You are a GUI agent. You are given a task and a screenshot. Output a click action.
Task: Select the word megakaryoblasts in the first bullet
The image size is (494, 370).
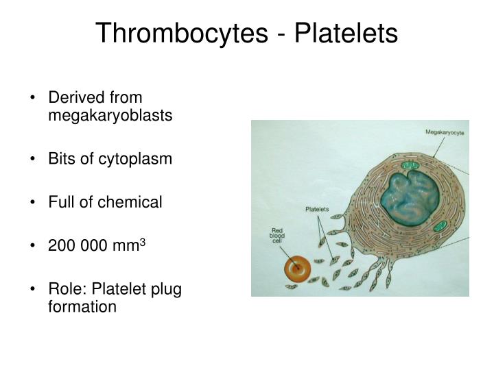[x=109, y=115]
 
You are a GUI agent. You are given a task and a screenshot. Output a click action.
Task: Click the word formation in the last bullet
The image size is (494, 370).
[x=82, y=306]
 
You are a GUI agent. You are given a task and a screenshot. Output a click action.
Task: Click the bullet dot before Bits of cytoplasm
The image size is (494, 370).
[x=34, y=159]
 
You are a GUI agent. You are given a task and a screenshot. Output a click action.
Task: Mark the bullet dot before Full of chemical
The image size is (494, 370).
[x=34, y=203]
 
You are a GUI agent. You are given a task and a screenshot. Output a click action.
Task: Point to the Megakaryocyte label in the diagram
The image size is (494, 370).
[x=444, y=132]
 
